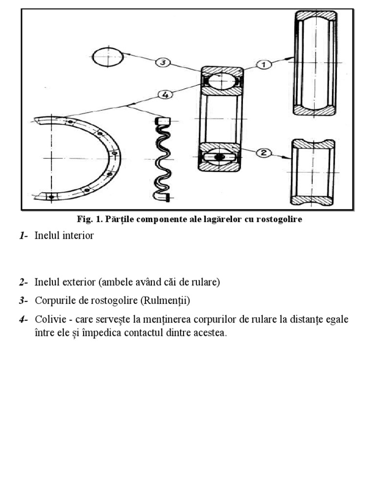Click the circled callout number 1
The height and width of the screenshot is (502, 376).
263,64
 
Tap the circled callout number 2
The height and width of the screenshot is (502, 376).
263,152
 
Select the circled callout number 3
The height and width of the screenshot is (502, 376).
163,62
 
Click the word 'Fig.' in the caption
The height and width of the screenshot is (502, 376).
84,219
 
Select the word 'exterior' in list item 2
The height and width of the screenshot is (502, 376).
80,282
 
